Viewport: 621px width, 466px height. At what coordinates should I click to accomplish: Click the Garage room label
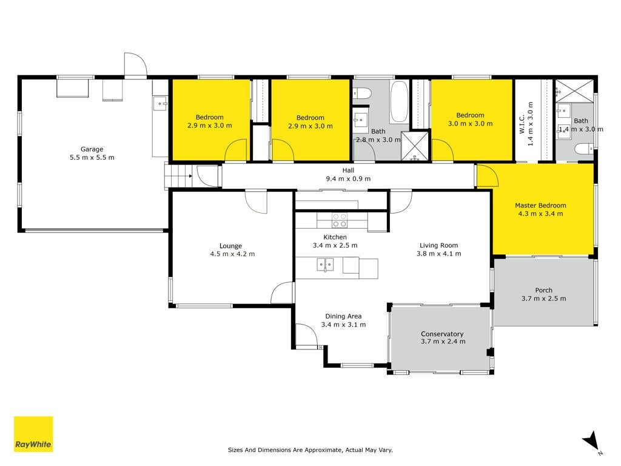click(x=92, y=149)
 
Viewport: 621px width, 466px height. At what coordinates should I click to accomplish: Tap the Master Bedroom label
click(x=540, y=205)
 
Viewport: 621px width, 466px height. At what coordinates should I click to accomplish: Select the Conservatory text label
click(x=442, y=334)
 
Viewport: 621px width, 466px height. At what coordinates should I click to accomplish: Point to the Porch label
click(x=543, y=290)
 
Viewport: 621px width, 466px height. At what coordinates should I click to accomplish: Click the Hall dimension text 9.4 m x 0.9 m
click(x=348, y=179)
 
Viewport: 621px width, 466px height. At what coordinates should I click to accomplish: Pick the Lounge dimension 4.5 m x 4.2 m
click(x=232, y=254)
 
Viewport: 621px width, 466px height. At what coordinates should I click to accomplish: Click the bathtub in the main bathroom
click(x=399, y=102)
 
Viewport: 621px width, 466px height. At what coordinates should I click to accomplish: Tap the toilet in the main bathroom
click(x=362, y=93)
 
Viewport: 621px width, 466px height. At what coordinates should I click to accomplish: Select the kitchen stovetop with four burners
click(x=340, y=220)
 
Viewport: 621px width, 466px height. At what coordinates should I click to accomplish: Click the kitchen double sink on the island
click(x=325, y=265)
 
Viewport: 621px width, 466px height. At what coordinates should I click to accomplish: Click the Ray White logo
click(x=33, y=434)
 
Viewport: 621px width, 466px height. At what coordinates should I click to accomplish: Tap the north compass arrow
click(x=592, y=441)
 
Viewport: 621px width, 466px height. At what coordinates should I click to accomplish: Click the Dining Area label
click(x=343, y=316)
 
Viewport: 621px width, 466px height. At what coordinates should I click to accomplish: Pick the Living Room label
click(x=439, y=245)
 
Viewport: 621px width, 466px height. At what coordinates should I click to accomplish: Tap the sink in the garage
click(x=160, y=103)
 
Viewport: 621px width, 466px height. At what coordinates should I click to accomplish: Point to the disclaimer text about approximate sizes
click(x=310, y=450)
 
